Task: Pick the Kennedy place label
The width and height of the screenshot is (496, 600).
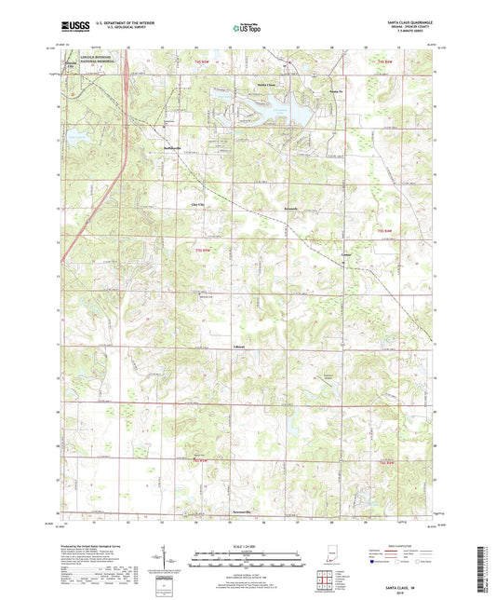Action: click(x=291, y=209)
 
